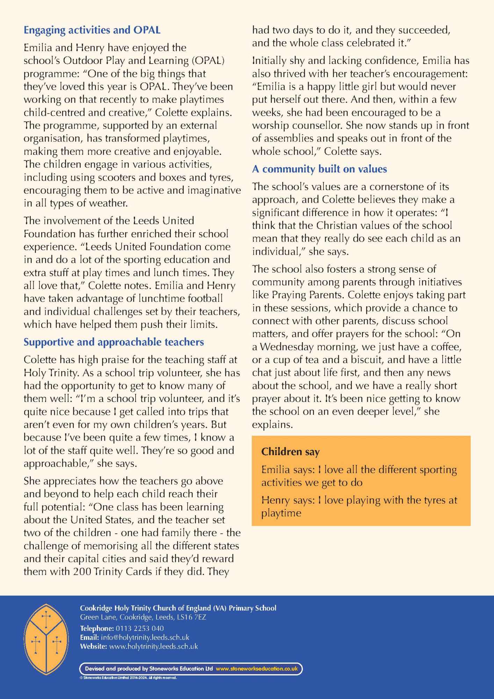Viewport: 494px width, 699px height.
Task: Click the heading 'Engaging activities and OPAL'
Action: pyautogui.click(x=92, y=30)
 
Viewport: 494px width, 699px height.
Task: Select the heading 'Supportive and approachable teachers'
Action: pyautogui.click(x=114, y=342)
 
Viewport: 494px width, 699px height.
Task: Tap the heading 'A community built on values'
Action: pyautogui.click(x=319, y=169)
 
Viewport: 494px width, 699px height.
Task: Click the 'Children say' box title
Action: pyautogui.click(x=290, y=452)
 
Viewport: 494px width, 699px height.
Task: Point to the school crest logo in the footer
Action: pyautogui.click(x=46, y=639)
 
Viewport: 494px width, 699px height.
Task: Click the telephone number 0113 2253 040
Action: pyautogui.click(x=140, y=628)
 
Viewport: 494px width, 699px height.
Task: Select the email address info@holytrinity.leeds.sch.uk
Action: pyautogui.click(x=145, y=637)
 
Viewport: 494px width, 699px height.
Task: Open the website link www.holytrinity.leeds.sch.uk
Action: pyautogui.click(x=153, y=647)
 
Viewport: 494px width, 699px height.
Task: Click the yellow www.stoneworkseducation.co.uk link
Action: pyautogui.click(x=256, y=669)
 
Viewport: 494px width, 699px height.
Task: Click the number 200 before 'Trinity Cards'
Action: pyautogui.click(x=82, y=572)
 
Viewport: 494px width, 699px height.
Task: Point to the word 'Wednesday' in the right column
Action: pyautogui.click(x=286, y=347)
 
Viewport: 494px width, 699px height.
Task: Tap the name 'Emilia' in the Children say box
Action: pyautogui.click(x=276, y=470)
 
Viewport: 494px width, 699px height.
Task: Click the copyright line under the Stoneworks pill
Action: pyautogui.click(x=128, y=678)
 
